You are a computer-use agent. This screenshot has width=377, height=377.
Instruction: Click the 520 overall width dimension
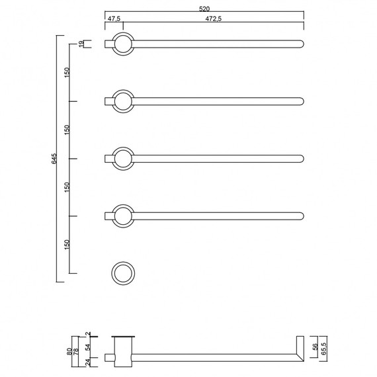(x=204, y=9)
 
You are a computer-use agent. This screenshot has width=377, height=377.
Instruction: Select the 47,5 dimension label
(x=114, y=19)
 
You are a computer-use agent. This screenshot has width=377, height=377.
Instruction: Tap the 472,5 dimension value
(x=214, y=19)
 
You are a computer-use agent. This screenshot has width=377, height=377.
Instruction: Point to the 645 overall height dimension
(x=54, y=159)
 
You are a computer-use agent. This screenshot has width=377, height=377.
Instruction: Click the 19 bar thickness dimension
(x=82, y=44)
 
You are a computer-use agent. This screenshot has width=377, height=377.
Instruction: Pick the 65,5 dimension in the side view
(x=323, y=349)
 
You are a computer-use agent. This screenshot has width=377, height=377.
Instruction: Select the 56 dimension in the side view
(x=315, y=347)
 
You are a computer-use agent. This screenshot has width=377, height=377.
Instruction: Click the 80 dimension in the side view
(x=69, y=351)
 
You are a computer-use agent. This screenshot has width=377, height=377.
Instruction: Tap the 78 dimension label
(x=76, y=351)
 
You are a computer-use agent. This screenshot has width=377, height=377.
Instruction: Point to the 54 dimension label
(x=88, y=347)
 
